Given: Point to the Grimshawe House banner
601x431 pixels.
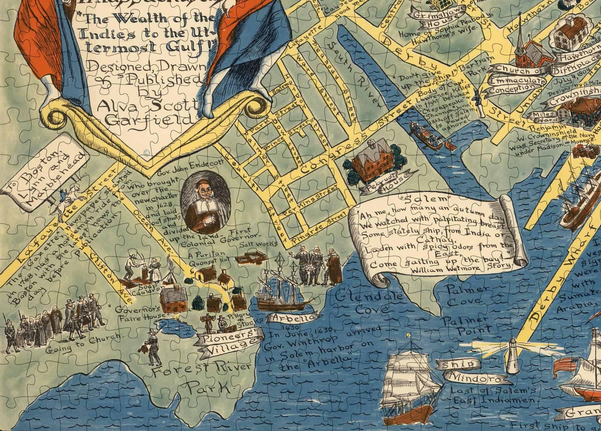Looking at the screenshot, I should pyautogui.click(x=432, y=20).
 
